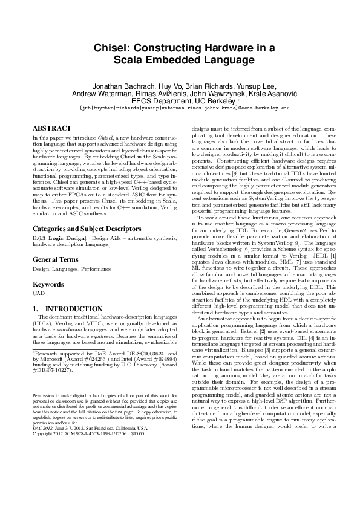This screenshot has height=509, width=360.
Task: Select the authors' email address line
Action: [180, 108]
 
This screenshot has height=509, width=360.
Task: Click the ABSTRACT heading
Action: [50, 129]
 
